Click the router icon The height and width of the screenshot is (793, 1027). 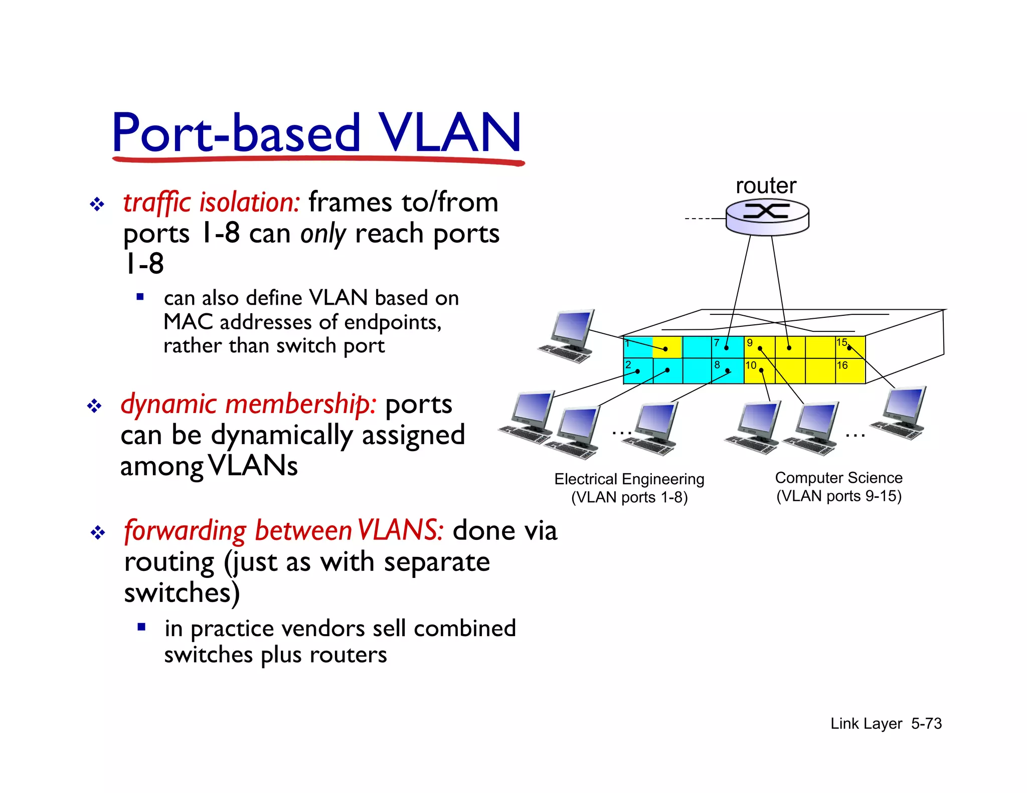[x=767, y=217]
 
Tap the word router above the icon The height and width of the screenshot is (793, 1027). [x=766, y=185]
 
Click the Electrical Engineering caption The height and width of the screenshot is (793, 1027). [x=629, y=479]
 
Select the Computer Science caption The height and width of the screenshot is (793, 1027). [x=838, y=478]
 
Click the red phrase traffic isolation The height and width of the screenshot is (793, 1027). [x=211, y=203]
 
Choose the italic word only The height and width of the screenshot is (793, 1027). [x=323, y=234]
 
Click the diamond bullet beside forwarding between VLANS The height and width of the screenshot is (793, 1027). [x=97, y=532]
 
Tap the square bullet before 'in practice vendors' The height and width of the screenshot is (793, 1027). [x=141, y=627]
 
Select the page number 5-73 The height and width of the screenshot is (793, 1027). [x=926, y=723]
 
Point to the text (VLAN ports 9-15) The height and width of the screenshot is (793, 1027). [x=838, y=496]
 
